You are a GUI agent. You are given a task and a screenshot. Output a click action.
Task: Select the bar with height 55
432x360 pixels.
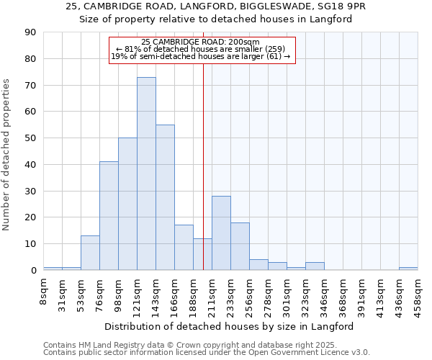165,197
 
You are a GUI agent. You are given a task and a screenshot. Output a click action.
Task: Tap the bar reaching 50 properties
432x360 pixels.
127,204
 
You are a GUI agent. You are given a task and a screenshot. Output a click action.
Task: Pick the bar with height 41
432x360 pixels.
109,216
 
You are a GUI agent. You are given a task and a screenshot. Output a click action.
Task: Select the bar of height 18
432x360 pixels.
240,246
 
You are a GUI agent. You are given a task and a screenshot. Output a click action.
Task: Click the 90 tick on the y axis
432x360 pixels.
30,32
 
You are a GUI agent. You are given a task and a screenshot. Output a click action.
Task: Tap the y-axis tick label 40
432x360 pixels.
30,165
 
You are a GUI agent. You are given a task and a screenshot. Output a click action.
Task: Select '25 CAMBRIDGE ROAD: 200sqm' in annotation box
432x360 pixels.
201,42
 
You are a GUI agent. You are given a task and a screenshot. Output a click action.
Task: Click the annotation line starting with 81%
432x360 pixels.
201,49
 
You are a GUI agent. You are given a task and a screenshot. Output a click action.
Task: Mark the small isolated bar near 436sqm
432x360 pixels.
408,269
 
